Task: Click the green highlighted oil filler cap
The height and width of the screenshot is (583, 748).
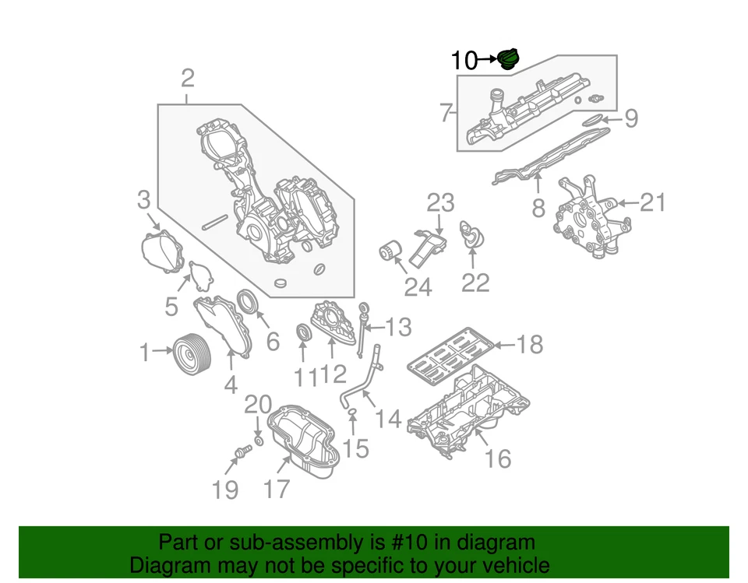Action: point(509,59)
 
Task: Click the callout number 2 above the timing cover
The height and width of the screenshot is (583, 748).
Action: point(187,78)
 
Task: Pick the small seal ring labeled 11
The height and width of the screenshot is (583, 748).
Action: point(304,334)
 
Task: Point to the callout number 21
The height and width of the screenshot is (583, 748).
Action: point(654,203)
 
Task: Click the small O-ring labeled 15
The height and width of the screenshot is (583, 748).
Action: point(352,410)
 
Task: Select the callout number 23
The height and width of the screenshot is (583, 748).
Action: point(440,203)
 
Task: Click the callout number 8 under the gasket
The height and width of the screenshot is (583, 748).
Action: point(538,209)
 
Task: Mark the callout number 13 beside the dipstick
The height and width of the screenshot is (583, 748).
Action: point(397,328)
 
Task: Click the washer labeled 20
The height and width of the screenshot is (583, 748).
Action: point(259,441)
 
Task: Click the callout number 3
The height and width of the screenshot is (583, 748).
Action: point(143,200)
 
